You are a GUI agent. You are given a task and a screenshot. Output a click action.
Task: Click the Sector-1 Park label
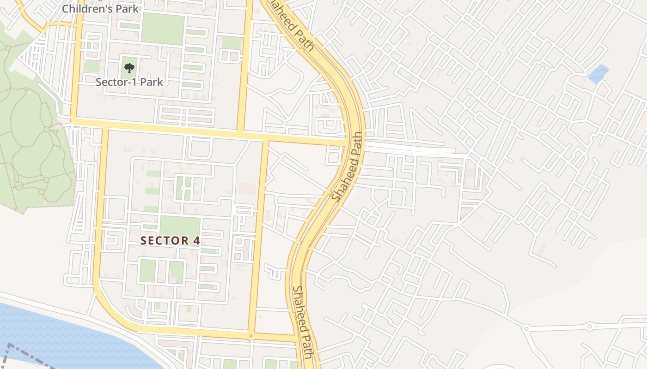coord(129,82)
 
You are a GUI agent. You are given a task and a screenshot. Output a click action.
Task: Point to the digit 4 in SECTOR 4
coord(196,240)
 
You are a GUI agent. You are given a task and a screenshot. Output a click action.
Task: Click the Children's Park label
coord(100,8)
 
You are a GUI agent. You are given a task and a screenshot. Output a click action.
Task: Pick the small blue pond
coord(598,74)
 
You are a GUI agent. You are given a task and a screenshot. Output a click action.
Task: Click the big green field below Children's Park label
coord(163,29)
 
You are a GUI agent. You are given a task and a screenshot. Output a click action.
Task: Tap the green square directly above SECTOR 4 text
coord(180,226)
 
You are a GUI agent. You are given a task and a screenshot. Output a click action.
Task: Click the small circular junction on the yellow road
coord(250,335)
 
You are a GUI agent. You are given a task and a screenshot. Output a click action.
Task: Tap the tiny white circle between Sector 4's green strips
coord(183,188)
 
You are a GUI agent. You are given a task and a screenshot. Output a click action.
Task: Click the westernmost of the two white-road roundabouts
coord(526,328)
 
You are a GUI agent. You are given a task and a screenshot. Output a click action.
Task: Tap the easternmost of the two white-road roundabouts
coord(590,326)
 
